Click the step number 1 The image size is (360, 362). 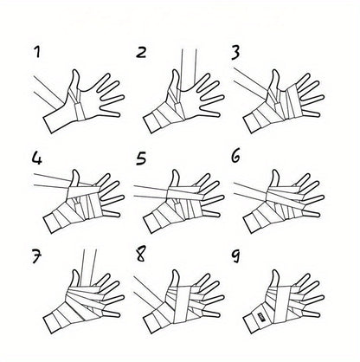click(x=36, y=52)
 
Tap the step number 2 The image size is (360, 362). click(x=141, y=53)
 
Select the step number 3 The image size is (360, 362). click(x=235, y=53)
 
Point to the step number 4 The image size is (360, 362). click(x=37, y=158)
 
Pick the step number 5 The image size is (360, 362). click(x=141, y=158)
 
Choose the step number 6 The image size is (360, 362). click(x=235, y=157)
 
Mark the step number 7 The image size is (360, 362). click(x=36, y=257)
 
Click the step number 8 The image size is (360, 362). click(x=141, y=255)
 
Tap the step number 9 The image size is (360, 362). click(x=236, y=256)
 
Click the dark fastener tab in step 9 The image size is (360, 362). click(x=261, y=316)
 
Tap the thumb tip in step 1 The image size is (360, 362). click(x=75, y=71)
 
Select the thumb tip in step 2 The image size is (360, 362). click(x=175, y=71)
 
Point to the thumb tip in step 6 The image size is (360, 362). click(x=275, y=171)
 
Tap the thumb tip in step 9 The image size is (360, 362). click(x=275, y=272)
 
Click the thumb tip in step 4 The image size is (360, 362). click(x=75, y=171)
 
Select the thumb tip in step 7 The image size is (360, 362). click(x=75, y=272)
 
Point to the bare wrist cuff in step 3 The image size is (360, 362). click(x=252, y=123)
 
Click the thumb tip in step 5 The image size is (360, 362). click(x=175, y=171)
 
